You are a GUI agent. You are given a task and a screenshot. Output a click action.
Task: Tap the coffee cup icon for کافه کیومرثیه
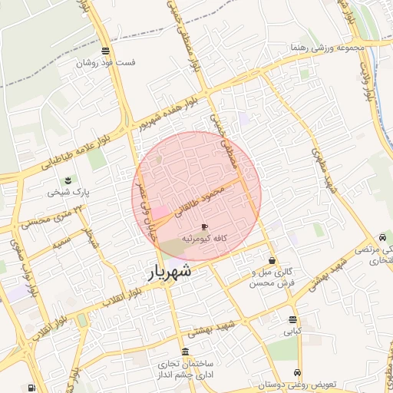pos(203,227)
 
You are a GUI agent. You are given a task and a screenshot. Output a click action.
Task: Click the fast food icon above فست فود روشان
pos(104,51)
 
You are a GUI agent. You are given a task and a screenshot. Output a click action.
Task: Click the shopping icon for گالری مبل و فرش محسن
pos(272,261)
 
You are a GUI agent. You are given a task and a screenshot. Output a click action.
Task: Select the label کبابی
pos(292,332)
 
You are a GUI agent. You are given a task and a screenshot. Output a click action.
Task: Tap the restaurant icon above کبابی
pos(292,319)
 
